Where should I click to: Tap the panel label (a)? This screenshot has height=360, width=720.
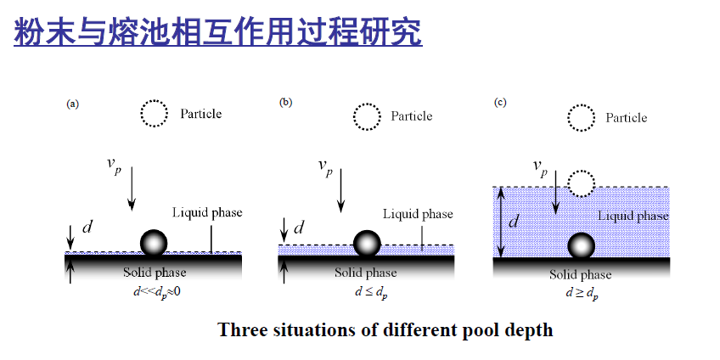point(73,104)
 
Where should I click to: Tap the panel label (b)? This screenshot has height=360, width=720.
point(286,103)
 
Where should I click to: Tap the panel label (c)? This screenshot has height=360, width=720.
point(500,104)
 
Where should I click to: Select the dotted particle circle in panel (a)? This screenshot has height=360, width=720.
point(154,113)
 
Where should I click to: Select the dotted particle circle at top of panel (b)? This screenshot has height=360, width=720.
point(368,115)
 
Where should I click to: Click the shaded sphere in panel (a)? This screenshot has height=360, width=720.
point(154,243)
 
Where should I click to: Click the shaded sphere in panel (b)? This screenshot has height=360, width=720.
point(367,244)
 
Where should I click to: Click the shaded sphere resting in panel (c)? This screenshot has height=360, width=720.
point(581,246)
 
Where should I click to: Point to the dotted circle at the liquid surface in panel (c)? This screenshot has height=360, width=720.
point(581,183)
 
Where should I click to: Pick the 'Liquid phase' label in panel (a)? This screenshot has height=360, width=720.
point(207,212)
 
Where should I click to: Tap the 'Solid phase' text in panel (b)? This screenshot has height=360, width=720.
point(365,273)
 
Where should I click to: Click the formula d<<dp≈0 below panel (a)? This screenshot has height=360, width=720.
point(153,292)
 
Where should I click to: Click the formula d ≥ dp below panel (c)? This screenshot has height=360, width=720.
point(581,293)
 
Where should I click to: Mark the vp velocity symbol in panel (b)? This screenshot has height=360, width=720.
point(326,167)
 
